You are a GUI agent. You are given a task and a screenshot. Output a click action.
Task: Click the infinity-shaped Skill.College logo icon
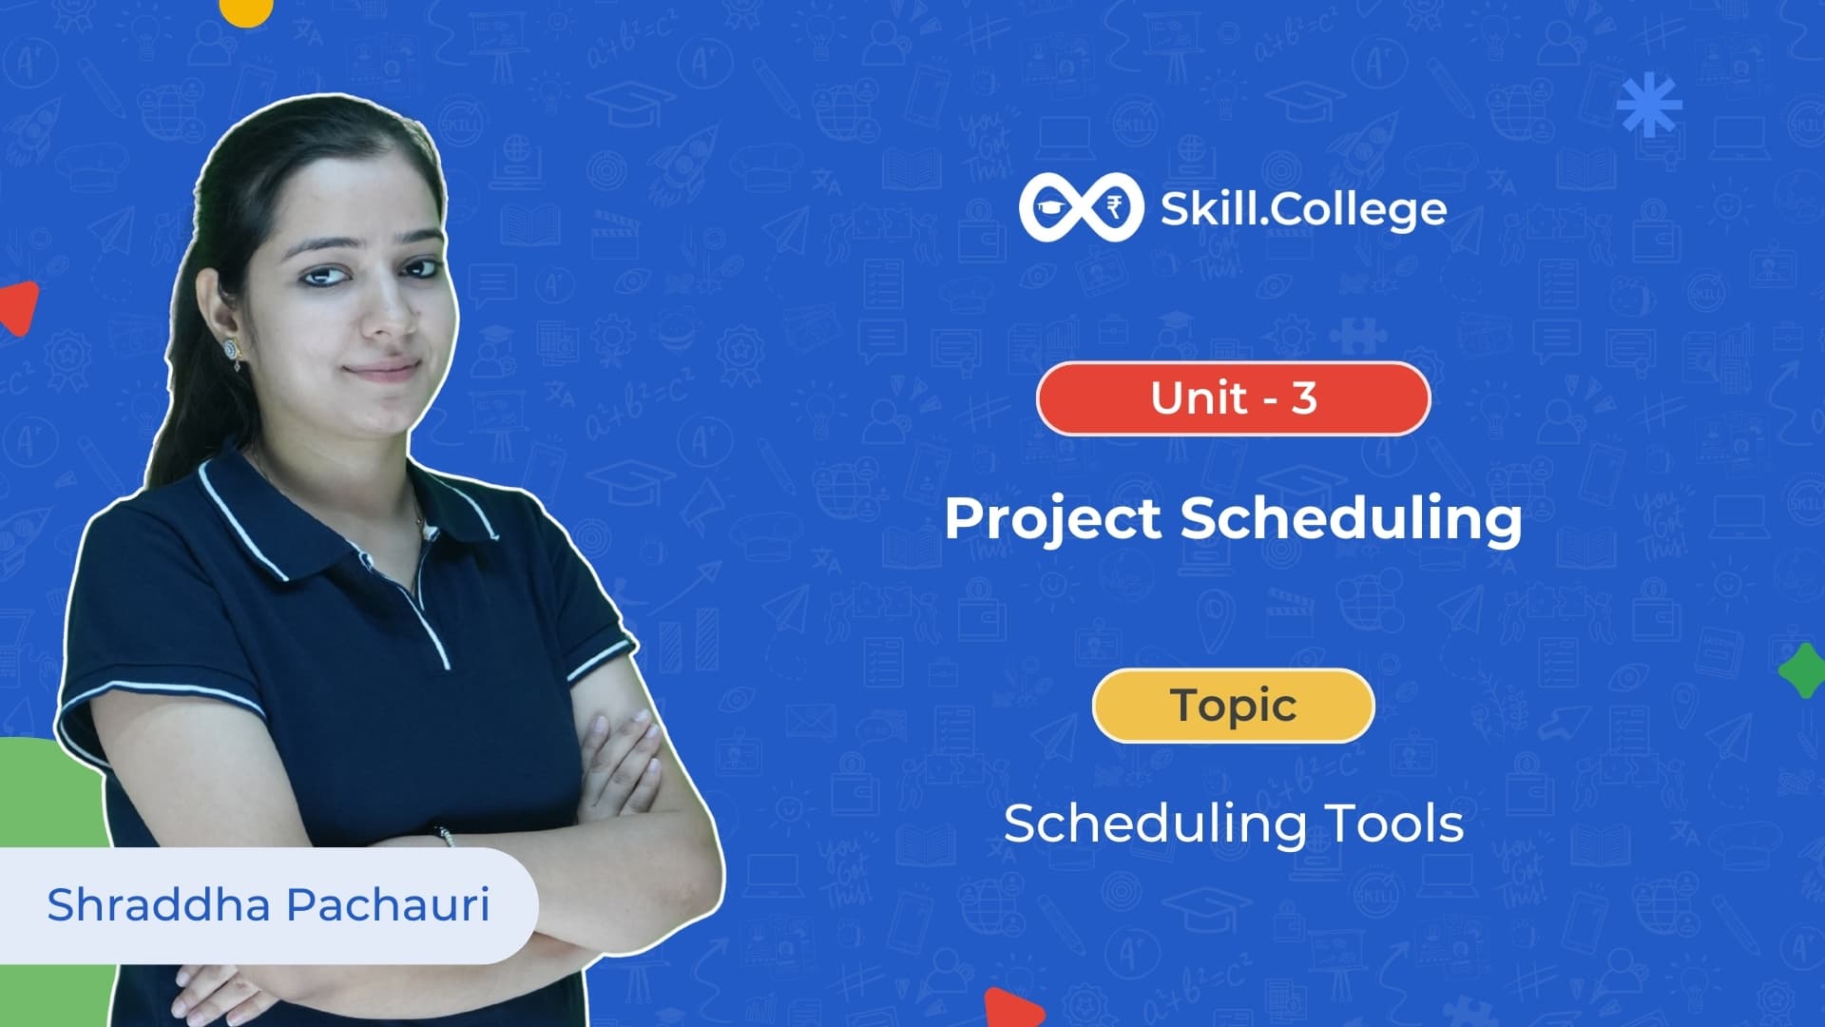pos(1080,207)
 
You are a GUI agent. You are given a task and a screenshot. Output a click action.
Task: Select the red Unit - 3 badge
pos(1233,398)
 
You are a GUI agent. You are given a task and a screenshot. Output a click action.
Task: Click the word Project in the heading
pos(1053,520)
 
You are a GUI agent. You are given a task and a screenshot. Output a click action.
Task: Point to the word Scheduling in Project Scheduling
pos(1351,520)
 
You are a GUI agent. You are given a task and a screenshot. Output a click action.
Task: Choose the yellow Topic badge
pos(1234,706)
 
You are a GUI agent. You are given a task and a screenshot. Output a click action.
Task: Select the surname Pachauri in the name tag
pos(389,903)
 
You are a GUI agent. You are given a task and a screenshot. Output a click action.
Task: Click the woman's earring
pos(233,349)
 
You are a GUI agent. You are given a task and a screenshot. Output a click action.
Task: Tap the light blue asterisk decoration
pos(1649,104)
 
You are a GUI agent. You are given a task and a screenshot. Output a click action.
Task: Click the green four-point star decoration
pos(1802,670)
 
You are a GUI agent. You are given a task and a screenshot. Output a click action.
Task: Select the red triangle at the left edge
pos(19,307)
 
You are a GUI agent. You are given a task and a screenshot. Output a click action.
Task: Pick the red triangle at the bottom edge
pos(1013,1008)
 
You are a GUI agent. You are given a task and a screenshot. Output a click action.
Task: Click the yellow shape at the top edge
pos(246,10)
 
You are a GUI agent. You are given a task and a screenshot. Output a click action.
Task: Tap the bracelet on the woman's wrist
pos(446,835)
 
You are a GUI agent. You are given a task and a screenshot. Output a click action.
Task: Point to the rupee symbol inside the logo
pos(1113,206)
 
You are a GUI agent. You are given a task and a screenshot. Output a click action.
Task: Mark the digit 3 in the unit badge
pos(1304,398)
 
